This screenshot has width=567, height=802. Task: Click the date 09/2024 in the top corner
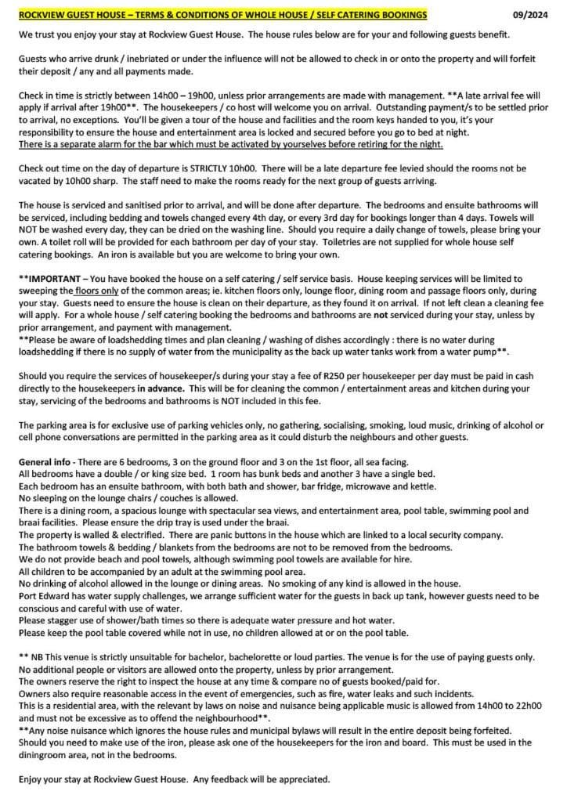pyautogui.click(x=529, y=15)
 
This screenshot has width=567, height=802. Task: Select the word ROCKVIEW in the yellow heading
pyautogui.click(x=49, y=15)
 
